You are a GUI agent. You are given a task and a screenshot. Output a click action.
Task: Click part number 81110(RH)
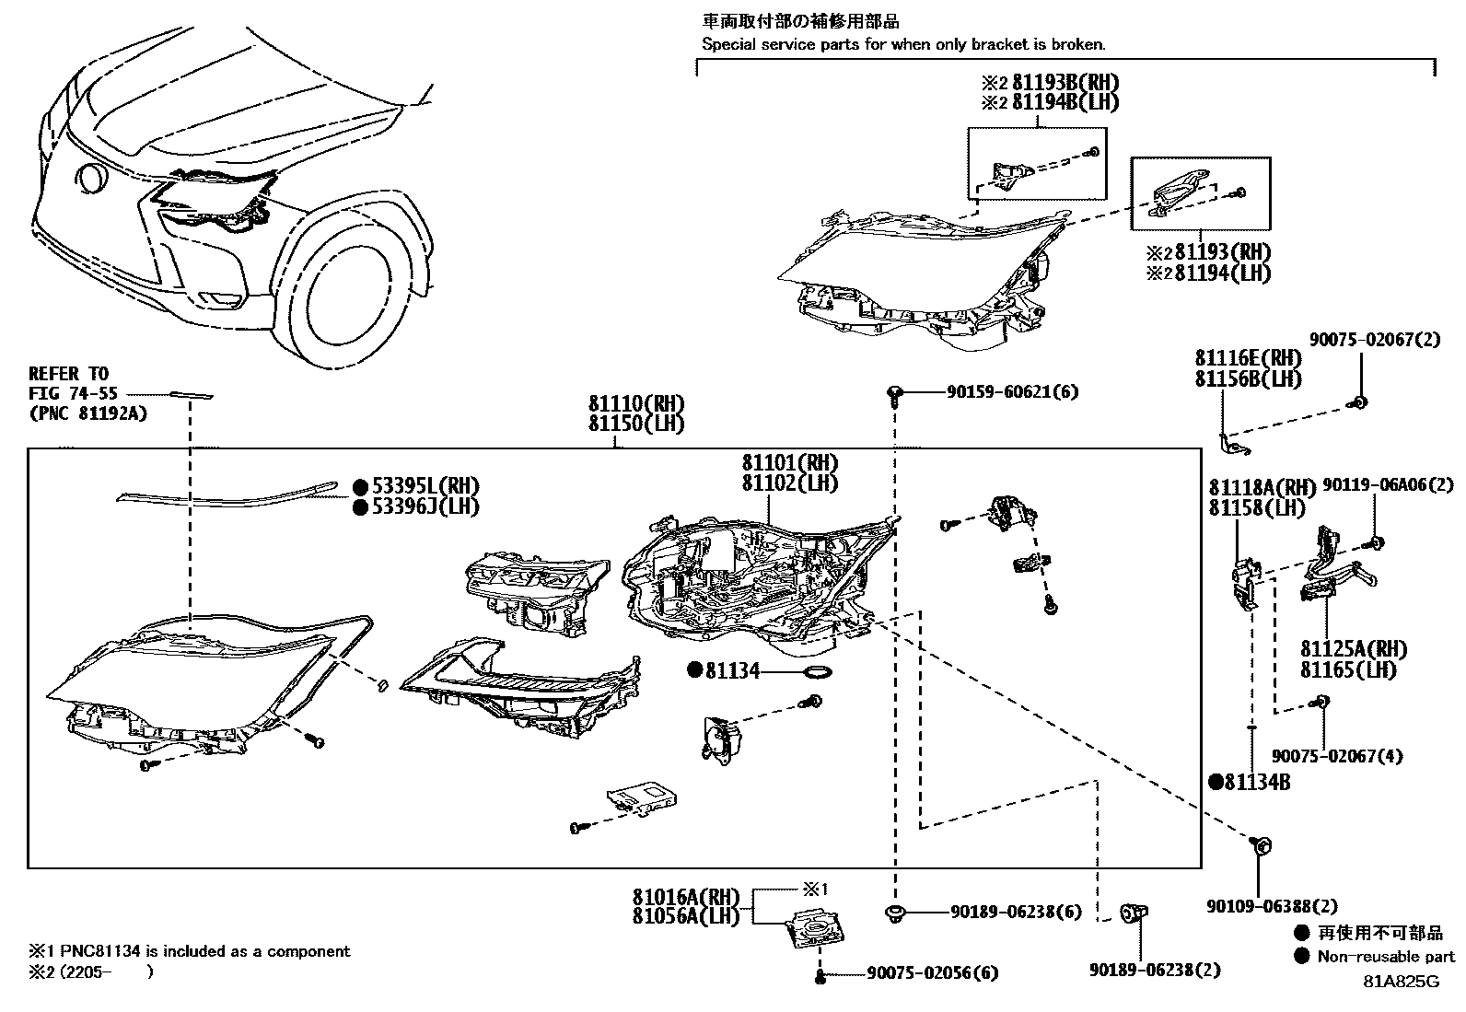click(x=636, y=404)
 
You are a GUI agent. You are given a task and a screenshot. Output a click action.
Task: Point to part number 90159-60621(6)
click(x=1012, y=392)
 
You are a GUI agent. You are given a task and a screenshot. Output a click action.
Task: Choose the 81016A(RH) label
click(x=686, y=896)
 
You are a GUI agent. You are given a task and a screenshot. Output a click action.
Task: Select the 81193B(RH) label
click(x=1065, y=82)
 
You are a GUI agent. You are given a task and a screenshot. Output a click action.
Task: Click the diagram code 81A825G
click(x=1401, y=982)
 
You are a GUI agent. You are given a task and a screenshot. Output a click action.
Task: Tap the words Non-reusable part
click(x=1386, y=957)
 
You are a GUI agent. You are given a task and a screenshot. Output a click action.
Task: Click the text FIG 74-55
click(x=73, y=393)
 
